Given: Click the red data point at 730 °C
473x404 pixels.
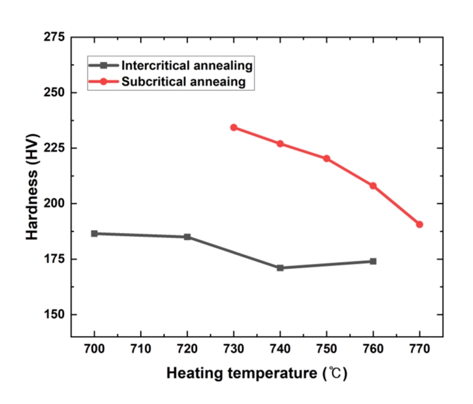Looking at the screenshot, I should click(234, 128).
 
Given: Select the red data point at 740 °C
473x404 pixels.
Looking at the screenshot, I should click(280, 144).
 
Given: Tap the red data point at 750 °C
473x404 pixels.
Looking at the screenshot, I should click(326, 159).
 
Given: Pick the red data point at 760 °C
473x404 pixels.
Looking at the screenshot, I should click(373, 186).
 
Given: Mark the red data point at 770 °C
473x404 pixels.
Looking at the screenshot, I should click(419, 225).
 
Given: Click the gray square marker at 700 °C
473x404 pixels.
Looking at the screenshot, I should click(94, 234).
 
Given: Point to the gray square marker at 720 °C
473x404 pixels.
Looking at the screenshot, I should click(187, 237).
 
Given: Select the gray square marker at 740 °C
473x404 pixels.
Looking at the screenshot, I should click(280, 268).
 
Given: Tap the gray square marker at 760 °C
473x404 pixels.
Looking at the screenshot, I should click(373, 261).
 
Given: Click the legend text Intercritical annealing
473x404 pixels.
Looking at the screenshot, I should click(187, 65).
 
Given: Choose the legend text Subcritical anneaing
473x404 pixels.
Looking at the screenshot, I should click(184, 81).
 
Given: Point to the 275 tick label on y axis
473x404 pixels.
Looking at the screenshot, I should click(54, 38).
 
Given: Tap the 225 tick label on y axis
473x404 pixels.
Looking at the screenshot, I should click(54, 148).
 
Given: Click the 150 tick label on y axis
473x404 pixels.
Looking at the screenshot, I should click(54, 314).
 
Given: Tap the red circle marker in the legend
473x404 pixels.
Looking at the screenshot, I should click(104, 81).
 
